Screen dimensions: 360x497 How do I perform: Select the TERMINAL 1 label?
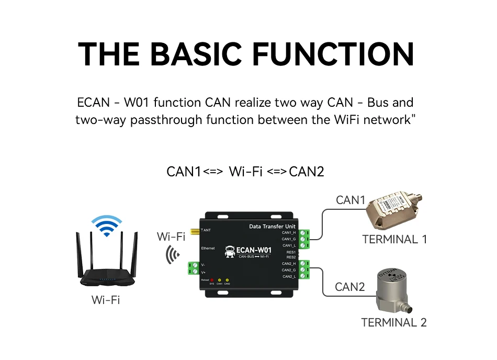pos(394,240)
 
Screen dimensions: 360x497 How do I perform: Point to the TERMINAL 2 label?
pos(394,322)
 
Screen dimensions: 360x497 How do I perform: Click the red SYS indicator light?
pos(212,280)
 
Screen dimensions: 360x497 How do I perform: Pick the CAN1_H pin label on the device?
pos(289,232)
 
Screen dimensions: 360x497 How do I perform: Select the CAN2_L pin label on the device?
pos(289,276)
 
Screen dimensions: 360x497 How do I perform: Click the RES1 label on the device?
pos(291,252)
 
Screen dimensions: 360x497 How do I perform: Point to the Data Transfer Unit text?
pos(272,226)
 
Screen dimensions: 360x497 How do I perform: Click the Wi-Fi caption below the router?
pos(106,300)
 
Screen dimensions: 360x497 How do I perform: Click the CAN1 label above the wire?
pos(350,200)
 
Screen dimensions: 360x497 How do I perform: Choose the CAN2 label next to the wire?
pos(349,287)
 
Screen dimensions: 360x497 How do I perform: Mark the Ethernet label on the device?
pos(207,247)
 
